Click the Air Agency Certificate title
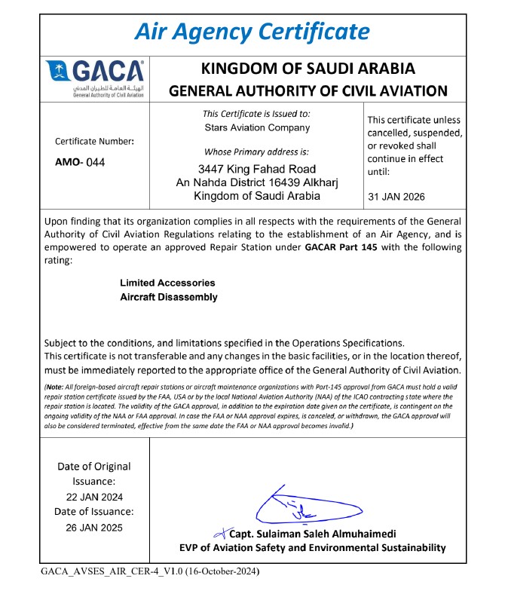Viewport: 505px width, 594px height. click(x=252, y=32)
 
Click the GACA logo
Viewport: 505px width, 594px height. click(x=95, y=78)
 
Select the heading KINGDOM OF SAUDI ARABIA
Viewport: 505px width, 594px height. click(x=308, y=69)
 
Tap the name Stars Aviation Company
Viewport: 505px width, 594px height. click(x=257, y=127)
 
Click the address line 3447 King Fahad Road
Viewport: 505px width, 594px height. click(x=256, y=168)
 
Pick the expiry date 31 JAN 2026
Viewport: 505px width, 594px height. click(x=396, y=197)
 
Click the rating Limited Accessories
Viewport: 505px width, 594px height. click(x=167, y=283)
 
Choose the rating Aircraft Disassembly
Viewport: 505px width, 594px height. click(x=169, y=297)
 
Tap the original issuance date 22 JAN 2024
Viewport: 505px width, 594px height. click(x=94, y=497)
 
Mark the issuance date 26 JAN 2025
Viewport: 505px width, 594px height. click(x=94, y=527)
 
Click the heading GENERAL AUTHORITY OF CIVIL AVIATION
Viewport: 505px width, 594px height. click(x=308, y=91)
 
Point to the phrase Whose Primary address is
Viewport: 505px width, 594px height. click(x=256, y=152)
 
